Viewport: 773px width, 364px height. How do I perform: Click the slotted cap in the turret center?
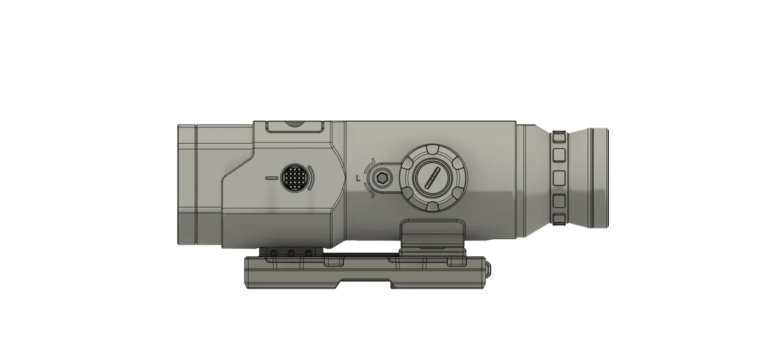click(x=433, y=178)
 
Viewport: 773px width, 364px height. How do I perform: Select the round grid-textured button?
click(x=295, y=177)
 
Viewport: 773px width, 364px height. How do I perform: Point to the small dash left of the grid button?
click(x=272, y=178)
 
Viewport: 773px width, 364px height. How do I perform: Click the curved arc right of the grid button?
click(x=311, y=178)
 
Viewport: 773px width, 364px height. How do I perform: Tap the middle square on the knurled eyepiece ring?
click(x=559, y=177)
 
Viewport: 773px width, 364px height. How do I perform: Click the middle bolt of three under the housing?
click(x=291, y=253)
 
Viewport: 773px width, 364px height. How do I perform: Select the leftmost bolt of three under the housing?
click(x=274, y=253)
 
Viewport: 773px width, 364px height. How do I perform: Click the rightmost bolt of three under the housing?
click(x=308, y=253)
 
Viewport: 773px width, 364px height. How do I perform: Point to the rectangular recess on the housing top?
click(x=295, y=126)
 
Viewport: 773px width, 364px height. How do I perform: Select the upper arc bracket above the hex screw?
click(x=372, y=162)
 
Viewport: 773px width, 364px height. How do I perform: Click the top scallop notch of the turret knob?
click(x=433, y=148)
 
